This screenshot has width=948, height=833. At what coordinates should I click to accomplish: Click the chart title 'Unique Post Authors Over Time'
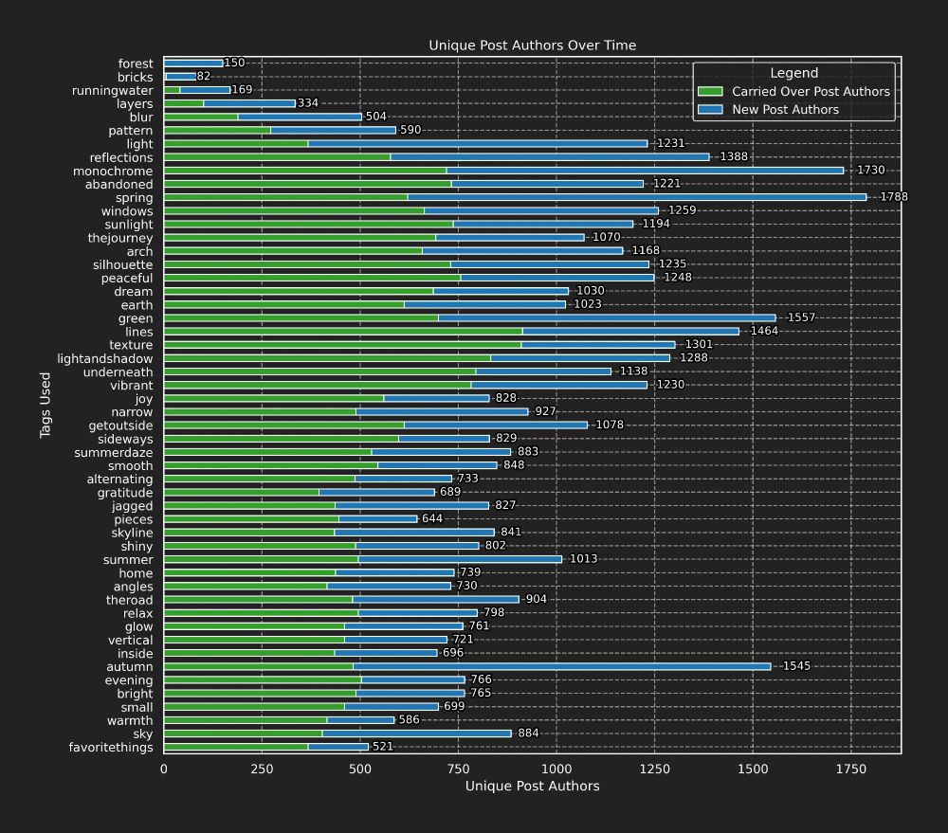(x=532, y=45)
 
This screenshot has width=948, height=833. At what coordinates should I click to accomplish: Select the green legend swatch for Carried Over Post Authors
(x=710, y=92)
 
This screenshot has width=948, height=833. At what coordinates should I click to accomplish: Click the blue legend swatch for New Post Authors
(x=710, y=110)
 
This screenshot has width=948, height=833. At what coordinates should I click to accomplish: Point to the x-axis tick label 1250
(x=654, y=770)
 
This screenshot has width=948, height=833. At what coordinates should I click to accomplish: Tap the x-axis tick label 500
(x=359, y=770)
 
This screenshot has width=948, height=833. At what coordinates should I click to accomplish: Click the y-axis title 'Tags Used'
(x=46, y=406)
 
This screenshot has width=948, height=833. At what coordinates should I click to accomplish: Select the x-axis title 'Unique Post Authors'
(x=532, y=786)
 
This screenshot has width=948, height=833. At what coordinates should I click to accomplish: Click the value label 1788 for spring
(x=894, y=197)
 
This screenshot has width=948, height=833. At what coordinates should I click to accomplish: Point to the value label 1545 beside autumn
(x=796, y=666)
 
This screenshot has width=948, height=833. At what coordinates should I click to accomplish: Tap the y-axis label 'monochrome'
(x=113, y=172)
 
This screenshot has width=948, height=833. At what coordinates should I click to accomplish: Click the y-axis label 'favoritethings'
(x=111, y=748)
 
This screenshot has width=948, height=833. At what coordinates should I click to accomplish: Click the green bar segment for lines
(x=342, y=332)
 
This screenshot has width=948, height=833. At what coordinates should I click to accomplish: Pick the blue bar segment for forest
(x=193, y=63)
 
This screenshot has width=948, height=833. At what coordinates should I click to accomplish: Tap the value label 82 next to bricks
(x=204, y=77)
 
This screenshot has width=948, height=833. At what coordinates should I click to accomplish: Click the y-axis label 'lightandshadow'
(x=105, y=359)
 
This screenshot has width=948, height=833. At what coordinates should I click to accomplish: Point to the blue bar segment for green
(x=607, y=318)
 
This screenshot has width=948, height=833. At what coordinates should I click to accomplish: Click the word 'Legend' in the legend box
(x=793, y=73)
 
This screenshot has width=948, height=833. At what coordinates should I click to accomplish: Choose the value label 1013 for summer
(x=583, y=559)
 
